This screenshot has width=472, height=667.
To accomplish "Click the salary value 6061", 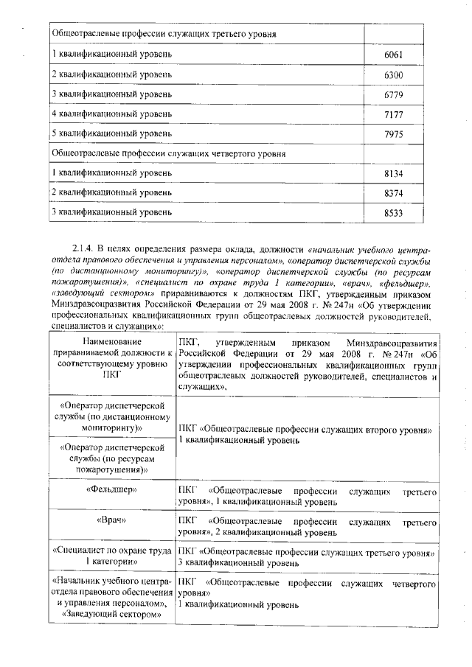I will coord(395,55).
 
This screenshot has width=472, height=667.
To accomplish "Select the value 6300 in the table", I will coord(395,75).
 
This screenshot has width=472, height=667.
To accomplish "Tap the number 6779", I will coord(395,94).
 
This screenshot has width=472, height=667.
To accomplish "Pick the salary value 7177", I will coord(395,114).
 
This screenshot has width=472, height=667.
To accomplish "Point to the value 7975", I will coord(395,133).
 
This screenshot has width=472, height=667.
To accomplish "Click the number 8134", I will coord(395,173).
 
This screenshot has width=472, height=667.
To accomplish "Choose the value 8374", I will coord(395,192).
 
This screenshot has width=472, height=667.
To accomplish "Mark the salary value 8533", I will coord(395,212).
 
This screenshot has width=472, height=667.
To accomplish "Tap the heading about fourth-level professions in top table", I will coord(169,153).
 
